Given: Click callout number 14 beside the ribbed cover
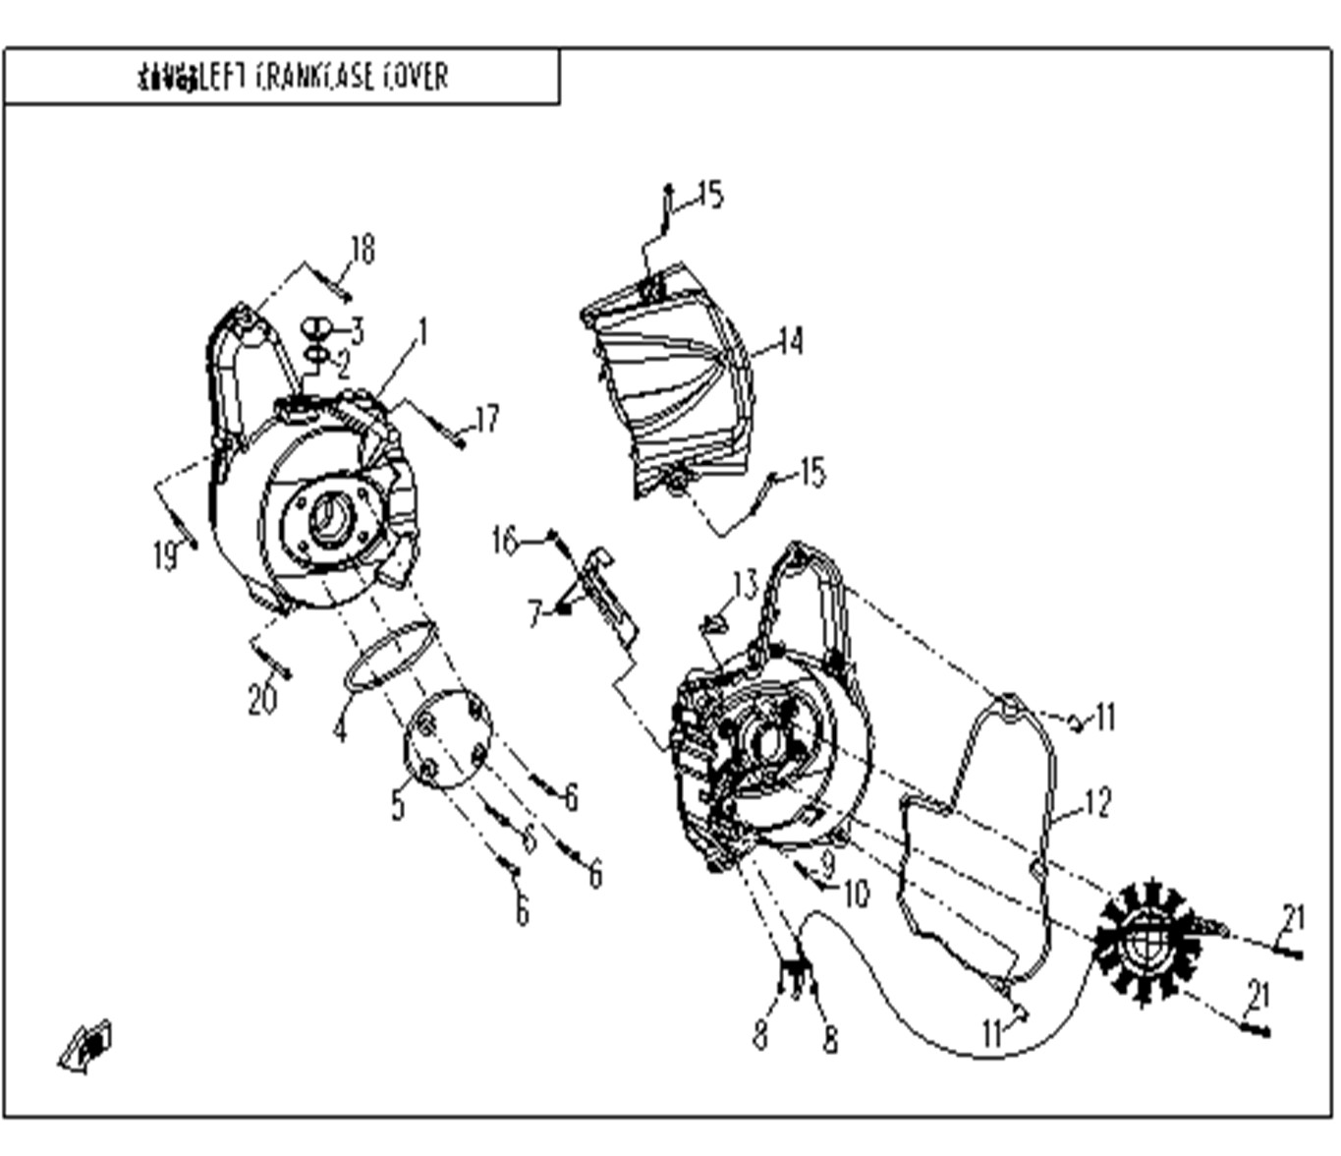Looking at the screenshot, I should click(x=790, y=342).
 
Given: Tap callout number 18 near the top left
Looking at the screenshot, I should click(x=363, y=250).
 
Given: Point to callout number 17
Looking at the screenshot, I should click(x=486, y=420).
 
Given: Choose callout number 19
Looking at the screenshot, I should click(x=165, y=556).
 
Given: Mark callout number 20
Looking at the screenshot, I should click(x=262, y=700).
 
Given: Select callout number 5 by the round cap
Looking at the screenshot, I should click(x=397, y=805).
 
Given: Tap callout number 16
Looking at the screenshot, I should click(x=505, y=541).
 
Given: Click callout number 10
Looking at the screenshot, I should click(x=857, y=894).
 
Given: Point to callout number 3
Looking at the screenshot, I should click(x=356, y=330).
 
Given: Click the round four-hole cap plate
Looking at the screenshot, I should click(x=448, y=737).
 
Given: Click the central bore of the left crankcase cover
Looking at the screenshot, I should click(x=329, y=516).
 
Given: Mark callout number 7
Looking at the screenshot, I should click(x=534, y=614).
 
